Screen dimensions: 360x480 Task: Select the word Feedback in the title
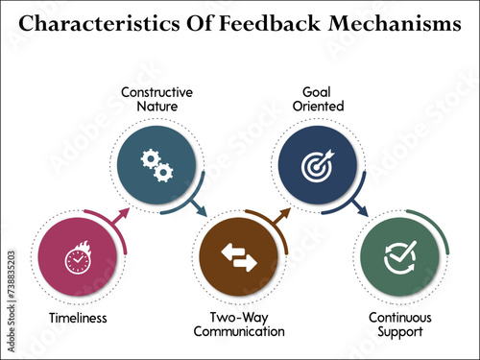[252, 24]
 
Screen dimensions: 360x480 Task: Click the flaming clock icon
[76, 259]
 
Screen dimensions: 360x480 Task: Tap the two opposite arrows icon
[239, 257]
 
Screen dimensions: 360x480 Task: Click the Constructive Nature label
[156, 98]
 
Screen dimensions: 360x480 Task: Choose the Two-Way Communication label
[239, 324]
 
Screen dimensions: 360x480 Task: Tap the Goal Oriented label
[316, 98]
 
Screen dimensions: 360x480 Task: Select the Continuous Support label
[400, 324]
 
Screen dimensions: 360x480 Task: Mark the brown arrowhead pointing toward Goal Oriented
[284, 217]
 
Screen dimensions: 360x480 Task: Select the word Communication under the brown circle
[239, 331]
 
